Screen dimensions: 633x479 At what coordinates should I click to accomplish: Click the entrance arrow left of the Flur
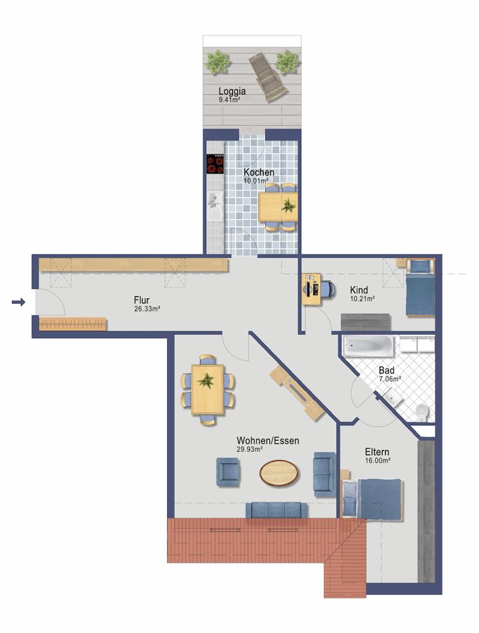(x=18, y=303)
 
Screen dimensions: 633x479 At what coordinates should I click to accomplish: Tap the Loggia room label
(x=232, y=90)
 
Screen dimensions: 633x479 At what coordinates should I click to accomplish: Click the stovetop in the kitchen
(x=215, y=164)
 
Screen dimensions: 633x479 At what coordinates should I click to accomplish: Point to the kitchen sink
(x=213, y=201)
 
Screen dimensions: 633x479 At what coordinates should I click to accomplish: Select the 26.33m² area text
(x=146, y=309)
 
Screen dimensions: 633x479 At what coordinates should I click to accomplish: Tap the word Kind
(x=359, y=290)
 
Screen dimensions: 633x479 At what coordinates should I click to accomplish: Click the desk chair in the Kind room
(x=327, y=289)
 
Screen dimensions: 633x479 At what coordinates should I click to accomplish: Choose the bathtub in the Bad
(x=368, y=346)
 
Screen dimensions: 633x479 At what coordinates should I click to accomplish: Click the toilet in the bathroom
(x=422, y=413)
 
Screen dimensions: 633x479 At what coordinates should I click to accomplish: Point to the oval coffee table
(x=279, y=472)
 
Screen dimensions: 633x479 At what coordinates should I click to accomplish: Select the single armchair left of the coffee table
(x=228, y=472)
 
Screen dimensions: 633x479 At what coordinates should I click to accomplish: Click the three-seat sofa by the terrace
(x=276, y=510)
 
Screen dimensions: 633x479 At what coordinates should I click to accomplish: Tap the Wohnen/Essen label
(x=268, y=441)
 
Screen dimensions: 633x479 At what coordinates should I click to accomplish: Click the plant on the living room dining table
(x=206, y=381)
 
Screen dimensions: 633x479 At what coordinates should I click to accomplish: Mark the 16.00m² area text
(x=377, y=461)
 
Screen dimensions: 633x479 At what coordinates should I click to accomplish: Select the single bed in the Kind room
(x=420, y=288)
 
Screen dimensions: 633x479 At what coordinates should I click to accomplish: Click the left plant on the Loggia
(x=218, y=61)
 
